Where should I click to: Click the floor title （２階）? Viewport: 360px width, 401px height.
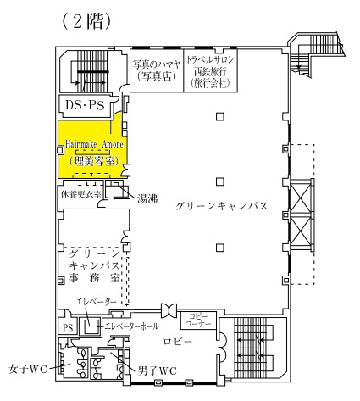(86, 21)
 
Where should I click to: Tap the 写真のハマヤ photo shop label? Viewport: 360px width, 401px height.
(157, 64)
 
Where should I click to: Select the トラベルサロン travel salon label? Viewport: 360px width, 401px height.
(210, 59)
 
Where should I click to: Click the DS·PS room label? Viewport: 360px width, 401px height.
(85, 105)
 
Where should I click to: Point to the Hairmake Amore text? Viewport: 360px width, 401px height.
(95, 144)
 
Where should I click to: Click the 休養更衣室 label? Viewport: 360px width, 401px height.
(81, 194)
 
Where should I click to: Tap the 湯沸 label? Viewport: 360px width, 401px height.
(147, 199)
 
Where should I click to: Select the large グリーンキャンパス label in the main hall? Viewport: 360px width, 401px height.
(221, 206)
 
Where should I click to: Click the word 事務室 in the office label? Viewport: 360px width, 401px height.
(95, 278)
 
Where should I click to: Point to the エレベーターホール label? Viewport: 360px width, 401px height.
(131, 326)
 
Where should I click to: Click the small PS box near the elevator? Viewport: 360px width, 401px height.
(68, 328)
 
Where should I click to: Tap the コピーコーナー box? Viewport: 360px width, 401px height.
(198, 320)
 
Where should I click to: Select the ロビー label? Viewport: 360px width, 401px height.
(178, 342)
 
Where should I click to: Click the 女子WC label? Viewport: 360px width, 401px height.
(28, 370)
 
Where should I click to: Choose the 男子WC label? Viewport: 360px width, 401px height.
(157, 370)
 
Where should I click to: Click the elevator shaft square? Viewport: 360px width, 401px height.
(89, 326)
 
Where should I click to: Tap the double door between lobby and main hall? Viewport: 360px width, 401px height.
(169, 310)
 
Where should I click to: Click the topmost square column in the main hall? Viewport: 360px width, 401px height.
(220, 116)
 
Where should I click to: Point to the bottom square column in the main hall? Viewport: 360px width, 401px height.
(220, 248)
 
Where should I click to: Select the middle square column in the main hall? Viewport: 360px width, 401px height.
(220, 181)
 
